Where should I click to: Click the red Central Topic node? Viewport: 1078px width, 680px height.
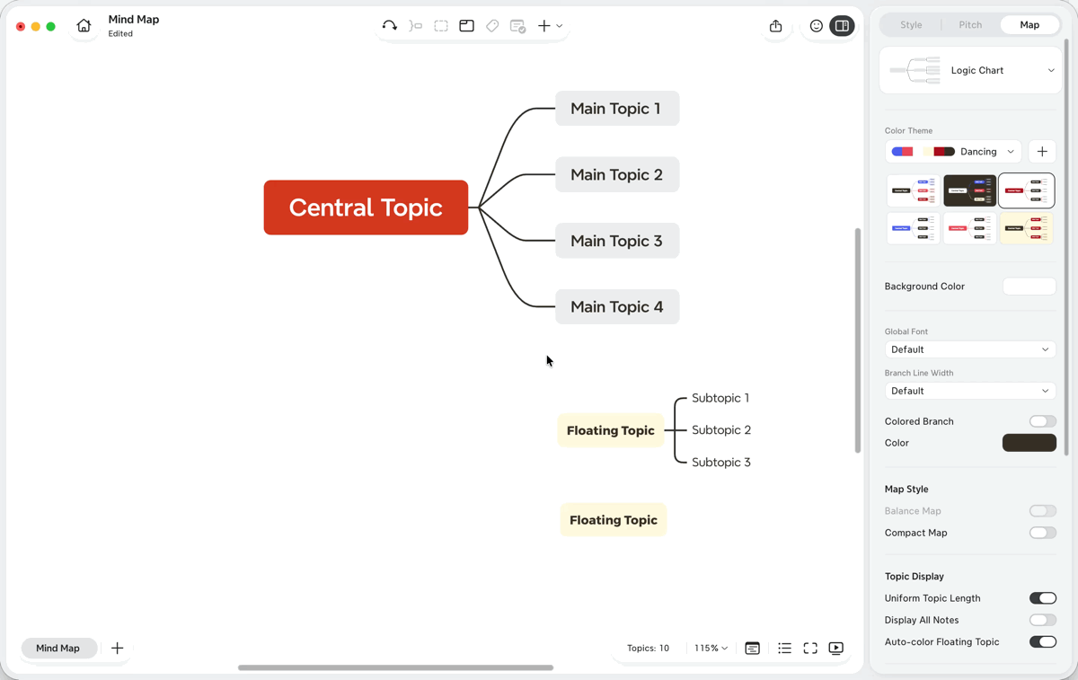(x=366, y=208)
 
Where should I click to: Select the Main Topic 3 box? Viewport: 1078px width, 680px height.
(x=617, y=241)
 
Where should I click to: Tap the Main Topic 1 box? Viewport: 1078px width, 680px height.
(x=617, y=109)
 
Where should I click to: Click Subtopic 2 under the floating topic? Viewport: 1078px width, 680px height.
(x=720, y=429)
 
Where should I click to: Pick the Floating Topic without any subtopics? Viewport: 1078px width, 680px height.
(x=613, y=520)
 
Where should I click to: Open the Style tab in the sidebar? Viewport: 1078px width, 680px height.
(x=911, y=24)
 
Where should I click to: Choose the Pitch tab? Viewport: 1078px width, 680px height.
(x=969, y=24)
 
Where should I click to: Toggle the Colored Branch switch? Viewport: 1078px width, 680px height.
(x=1042, y=421)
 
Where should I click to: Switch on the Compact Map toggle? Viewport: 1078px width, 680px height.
(x=1042, y=533)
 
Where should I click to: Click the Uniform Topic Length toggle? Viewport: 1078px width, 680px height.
(x=1042, y=598)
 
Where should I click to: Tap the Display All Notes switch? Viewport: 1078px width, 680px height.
(x=1042, y=620)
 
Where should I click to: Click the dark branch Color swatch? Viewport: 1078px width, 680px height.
(x=1029, y=443)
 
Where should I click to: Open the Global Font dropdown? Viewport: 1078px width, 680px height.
(x=970, y=349)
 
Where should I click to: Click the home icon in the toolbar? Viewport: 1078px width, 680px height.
(x=84, y=25)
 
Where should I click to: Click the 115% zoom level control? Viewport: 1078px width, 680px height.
(x=711, y=649)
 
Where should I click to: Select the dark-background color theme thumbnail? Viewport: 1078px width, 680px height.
(x=969, y=190)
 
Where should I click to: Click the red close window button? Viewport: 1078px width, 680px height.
(x=21, y=26)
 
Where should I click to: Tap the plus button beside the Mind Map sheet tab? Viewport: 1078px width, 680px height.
(x=117, y=649)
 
